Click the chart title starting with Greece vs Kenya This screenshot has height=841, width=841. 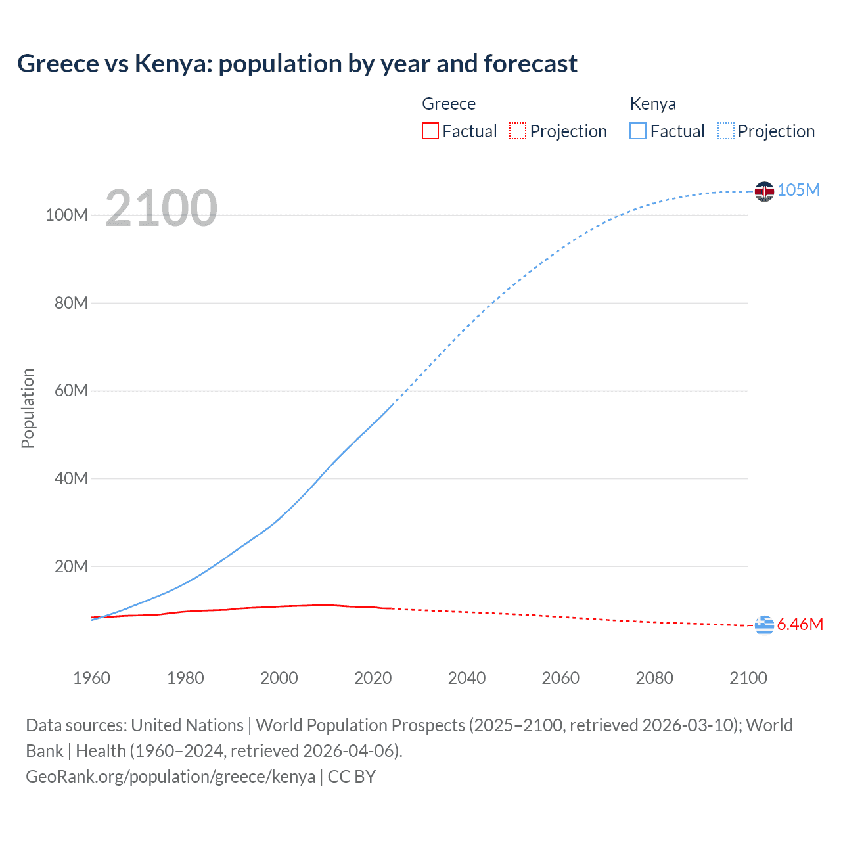[297, 64]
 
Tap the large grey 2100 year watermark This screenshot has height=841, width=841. [161, 208]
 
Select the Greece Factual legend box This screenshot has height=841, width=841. [430, 131]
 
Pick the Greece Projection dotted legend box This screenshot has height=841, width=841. [518, 131]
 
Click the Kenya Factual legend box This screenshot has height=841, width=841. [637, 131]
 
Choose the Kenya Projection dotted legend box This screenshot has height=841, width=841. [725, 131]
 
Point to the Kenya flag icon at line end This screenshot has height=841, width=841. [764, 191]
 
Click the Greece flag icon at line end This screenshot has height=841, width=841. [764, 625]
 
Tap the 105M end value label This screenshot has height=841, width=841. [798, 190]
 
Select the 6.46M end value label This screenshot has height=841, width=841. [800, 624]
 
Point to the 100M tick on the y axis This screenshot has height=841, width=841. [66, 216]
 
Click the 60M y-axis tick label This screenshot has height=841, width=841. [71, 391]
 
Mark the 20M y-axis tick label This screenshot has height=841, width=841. [71, 566]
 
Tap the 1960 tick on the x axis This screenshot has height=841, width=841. [91, 678]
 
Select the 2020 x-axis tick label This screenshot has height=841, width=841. [373, 678]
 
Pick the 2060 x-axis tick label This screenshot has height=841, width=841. [560, 678]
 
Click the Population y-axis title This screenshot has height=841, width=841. [28, 408]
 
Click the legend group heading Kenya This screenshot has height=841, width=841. [652, 104]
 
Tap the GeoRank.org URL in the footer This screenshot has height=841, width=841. [170, 777]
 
